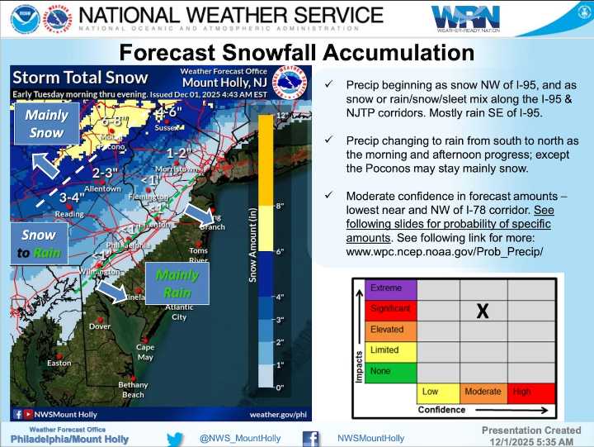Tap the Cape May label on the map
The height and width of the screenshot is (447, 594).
pyautogui.click(x=145, y=352)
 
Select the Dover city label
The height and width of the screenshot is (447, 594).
pyautogui.click(x=100, y=326)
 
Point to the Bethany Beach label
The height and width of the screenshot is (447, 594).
pyautogui.click(x=133, y=390)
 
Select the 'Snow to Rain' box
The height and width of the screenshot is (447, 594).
pyautogui.click(x=39, y=244)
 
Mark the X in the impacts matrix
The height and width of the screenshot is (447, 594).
pyautogui.click(x=483, y=311)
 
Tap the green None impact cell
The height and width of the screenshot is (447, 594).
pyautogui.click(x=391, y=370)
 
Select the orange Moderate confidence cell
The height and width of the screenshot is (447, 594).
pyautogui.click(x=483, y=392)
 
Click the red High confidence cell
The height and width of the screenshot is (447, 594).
pyautogui.click(x=529, y=392)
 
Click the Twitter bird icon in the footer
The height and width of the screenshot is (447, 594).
pyautogui.click(x=175, y=438)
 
